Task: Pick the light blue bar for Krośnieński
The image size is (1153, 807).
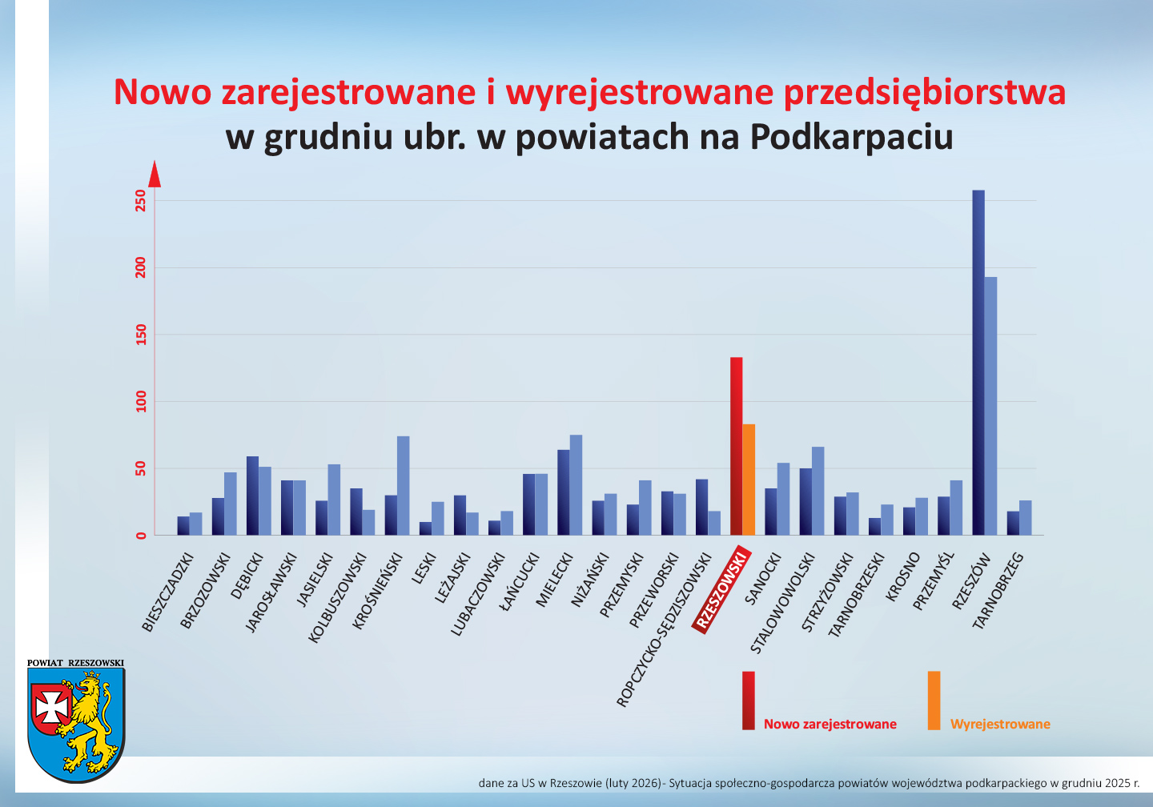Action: coord(403,485)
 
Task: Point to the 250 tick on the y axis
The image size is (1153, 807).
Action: coord(142,200)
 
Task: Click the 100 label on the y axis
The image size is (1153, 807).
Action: coord(142,401)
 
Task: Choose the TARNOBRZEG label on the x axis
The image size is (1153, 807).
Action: coord(998,590)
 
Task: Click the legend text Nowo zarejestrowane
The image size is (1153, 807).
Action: coord(830,724)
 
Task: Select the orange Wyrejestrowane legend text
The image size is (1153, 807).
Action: coord(1000,724)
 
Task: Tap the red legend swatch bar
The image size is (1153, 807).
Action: coord(748,700)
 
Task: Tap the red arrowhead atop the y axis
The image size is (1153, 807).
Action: coord(155,174)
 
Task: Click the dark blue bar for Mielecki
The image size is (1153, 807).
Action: coord(564,492)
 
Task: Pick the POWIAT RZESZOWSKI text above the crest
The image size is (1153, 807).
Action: coord(75,663)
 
